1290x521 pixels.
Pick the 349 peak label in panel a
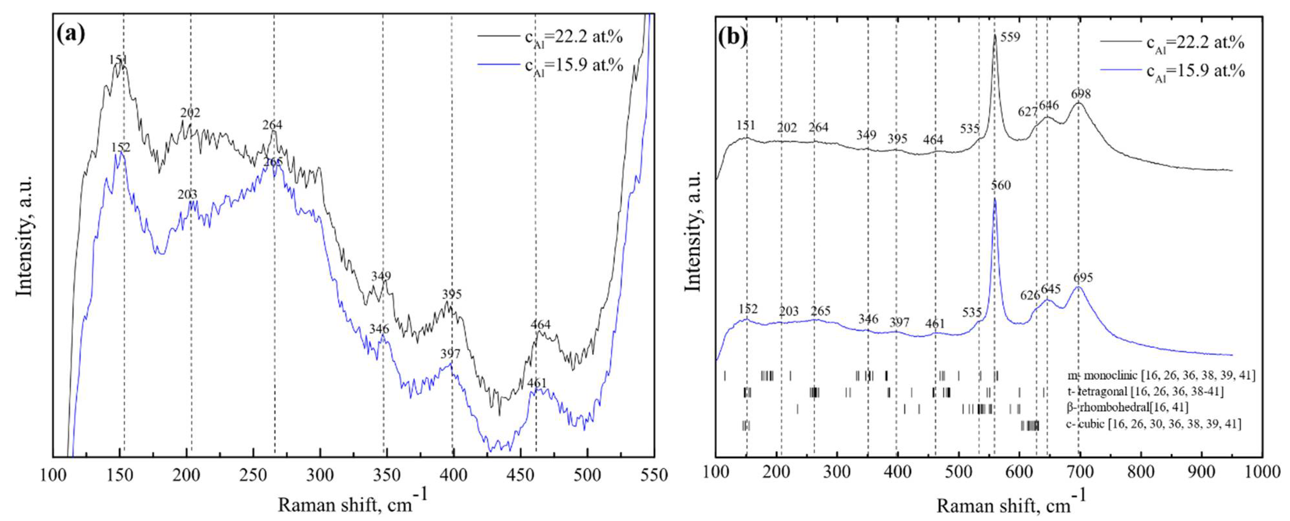[381, 276]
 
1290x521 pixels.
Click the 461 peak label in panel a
[536, 383]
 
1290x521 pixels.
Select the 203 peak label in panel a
[187, 194]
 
